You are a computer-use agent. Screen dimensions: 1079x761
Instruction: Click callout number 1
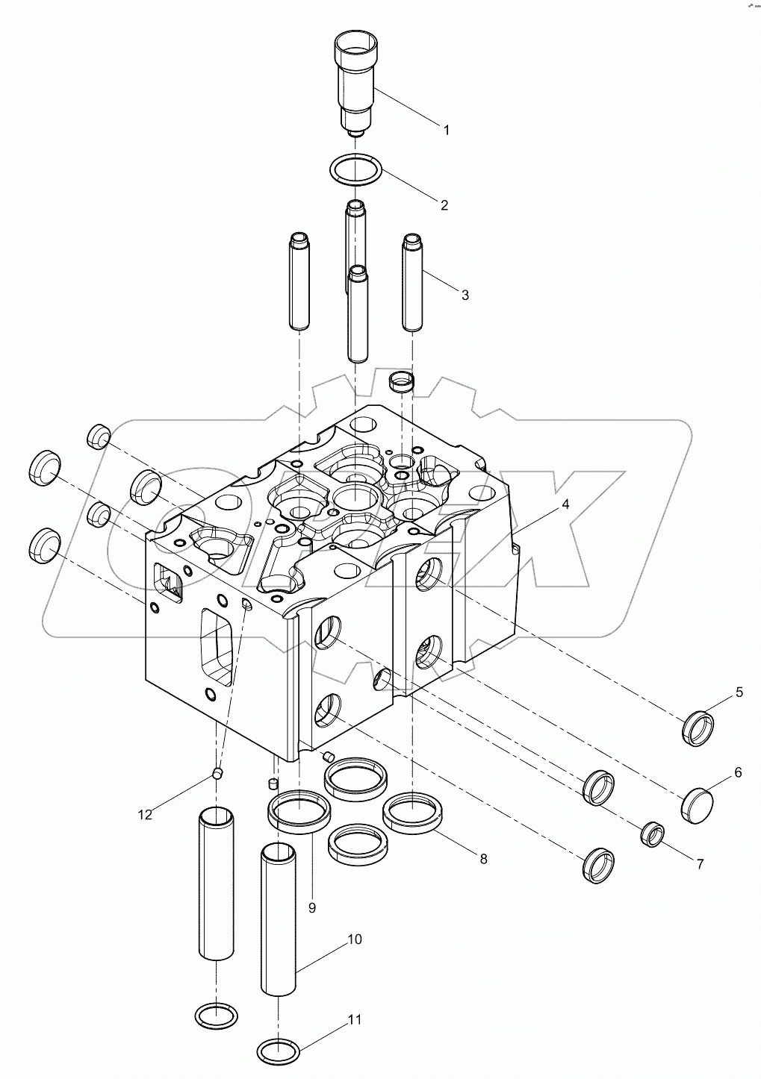[447, 130]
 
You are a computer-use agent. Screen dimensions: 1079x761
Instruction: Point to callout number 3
[465, 295]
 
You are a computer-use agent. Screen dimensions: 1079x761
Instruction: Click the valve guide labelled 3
[413, 282]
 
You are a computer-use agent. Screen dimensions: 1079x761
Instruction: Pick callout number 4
[565, 504]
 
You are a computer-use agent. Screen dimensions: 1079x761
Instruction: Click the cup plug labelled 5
[699, 729]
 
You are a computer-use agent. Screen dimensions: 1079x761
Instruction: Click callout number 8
[483, 859]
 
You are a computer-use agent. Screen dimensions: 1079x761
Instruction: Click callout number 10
[354, 939]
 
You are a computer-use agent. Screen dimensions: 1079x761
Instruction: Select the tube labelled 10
[279, 916]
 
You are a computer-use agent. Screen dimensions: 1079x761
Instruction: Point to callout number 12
[145, 814]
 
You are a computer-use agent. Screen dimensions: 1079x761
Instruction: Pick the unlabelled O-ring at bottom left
[216, 1015]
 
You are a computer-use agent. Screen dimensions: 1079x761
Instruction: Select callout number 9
[312, 907]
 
